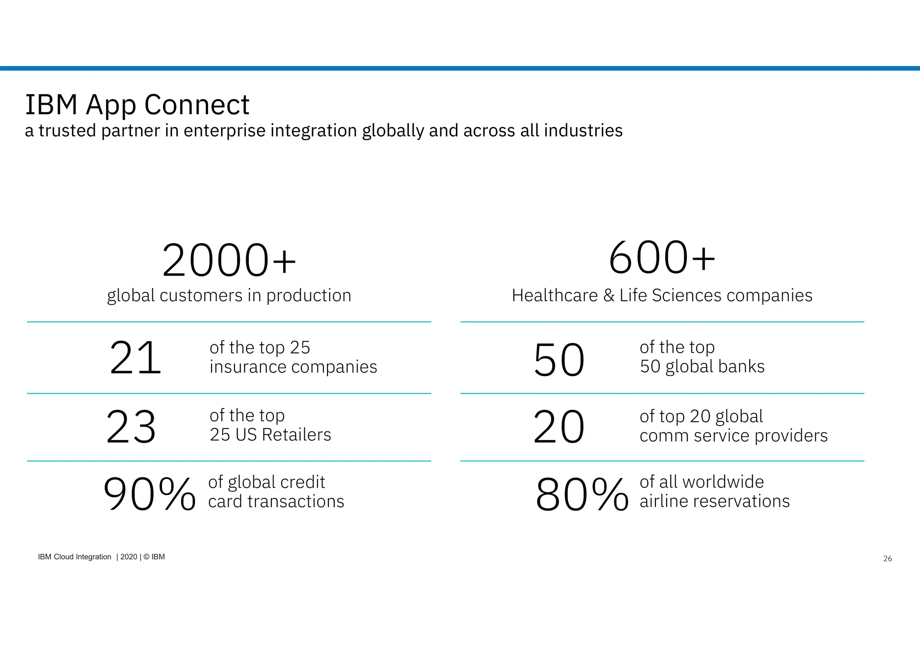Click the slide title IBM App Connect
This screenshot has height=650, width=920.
click(x=137, y=105)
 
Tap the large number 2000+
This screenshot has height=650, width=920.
click(x=229, y=261)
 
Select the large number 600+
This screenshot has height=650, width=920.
click(x=662, y=258)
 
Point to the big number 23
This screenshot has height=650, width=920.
click(x=131, y=427)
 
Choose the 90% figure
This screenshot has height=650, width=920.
click(x=149, y=494)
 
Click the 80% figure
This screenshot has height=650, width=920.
click(x=582, y=495)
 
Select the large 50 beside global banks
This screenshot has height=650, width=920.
click(x=559, y=360)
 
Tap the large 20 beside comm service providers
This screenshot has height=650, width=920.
click(x=559, y=427)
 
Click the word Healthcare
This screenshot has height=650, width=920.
click(x=554, y=295)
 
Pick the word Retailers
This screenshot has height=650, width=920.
click(x=296, y=435)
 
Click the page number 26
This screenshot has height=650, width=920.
click(x=887, y=559)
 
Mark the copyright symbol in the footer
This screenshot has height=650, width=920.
click(x=146, y=557)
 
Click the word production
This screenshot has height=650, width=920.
click(x=309, y=296)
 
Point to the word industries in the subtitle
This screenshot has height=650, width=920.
click(x=583, y=131)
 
